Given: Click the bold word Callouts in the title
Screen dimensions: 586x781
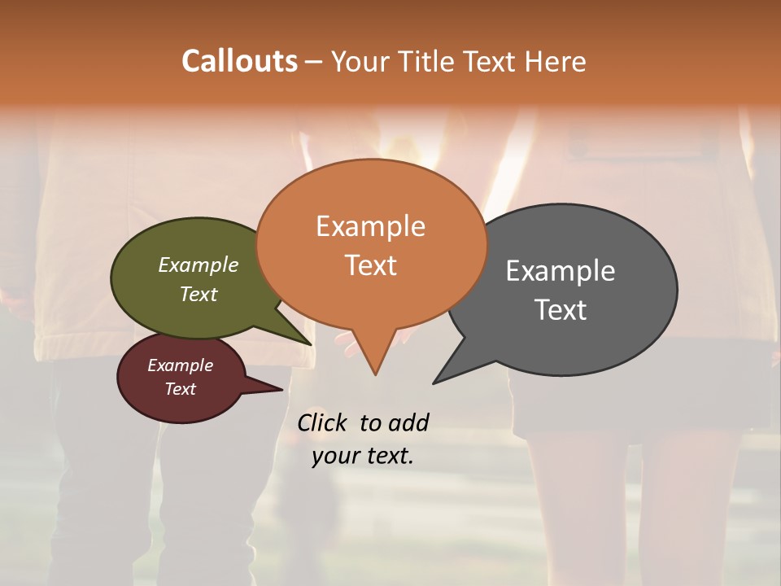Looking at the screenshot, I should (x=239, y=61).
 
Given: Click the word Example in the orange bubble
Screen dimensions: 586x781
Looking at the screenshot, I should (x=370, y=226).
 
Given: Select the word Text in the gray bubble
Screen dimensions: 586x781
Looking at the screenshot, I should (x=560, y=310).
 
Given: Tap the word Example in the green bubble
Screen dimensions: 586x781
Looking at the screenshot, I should (x=199, y=265).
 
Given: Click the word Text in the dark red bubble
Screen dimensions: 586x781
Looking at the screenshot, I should (x=181, y=389).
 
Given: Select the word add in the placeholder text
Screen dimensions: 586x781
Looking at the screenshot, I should (x=408, y=422).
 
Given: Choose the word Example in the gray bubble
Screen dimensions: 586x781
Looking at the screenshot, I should (x=560, y=271).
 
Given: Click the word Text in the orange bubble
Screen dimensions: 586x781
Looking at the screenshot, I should (x=370, y=265).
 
